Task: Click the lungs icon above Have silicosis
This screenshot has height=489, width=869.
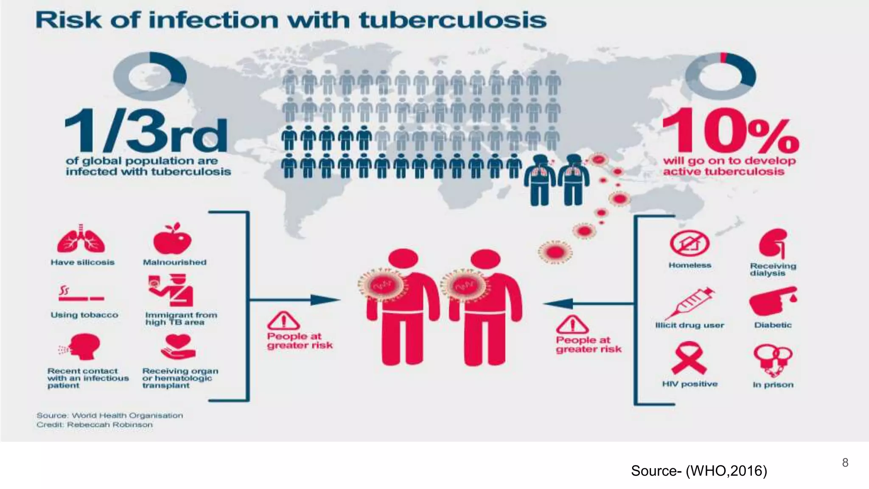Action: pyautogui.click(x=81, y=240)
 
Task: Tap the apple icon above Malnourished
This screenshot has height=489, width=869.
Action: pyautogui.click(x=172, y=239)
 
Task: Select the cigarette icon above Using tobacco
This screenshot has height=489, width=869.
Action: pyautogui.click(x=81, y=294)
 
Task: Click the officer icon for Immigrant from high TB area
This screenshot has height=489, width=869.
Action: pyautogui.click(x=171, y=291)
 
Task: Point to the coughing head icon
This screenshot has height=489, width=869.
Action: pyautogui.click(x=82, y=347)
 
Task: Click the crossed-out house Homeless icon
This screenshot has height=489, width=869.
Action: pyautogui.click(x=689, y=244)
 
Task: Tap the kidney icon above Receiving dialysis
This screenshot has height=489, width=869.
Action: pyautogui.click(x=773, y=244)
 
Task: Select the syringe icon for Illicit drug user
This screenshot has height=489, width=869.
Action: pyautogui.click(x=689, y=302)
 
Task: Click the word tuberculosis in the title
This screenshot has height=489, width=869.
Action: pyautogui.click(x=453, y=20)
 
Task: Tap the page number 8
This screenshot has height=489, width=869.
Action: pyautogui.click(x=845, y=462)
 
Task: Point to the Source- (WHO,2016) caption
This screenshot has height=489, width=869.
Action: pyautogui.click(x=699, y=471)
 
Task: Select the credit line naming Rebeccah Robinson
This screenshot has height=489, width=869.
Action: pyautogui.click(x=94, y=425)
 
